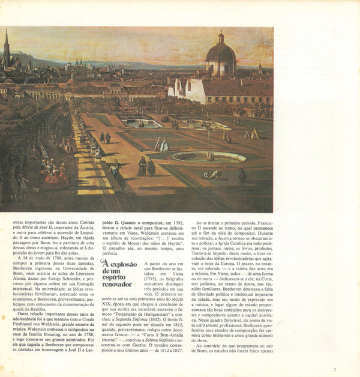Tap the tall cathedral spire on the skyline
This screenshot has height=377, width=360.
(x=6, y=45)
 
